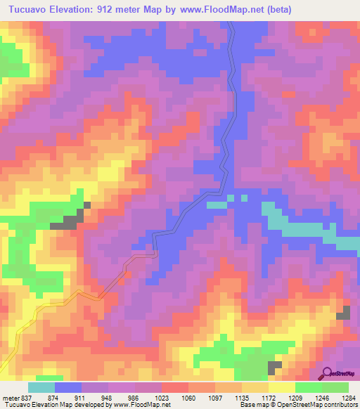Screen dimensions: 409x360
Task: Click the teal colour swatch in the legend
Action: coord(41,387)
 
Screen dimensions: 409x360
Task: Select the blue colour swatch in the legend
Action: coord(68,387)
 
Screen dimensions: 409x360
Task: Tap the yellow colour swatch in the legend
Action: coord(281,387)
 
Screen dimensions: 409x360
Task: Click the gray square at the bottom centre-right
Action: coord(274,367)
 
